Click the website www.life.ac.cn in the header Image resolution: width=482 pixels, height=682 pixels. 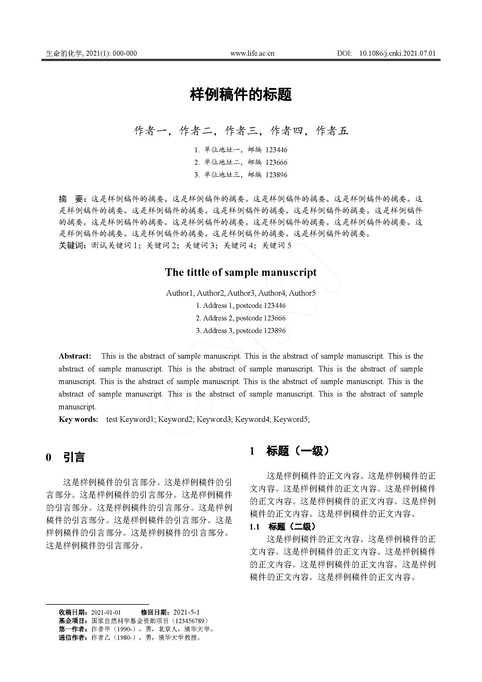pyautogui.click(x=252, y=53)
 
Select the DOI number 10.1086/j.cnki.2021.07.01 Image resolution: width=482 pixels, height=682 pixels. pyautogui.click(x=397, y=53)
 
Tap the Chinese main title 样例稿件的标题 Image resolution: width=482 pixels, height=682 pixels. pyautogui.click(x=241, y=94)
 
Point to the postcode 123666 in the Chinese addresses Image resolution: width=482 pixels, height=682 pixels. pyautogui.click(x=276, y=162)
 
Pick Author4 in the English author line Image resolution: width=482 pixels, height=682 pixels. pyautogui.click(x=272, y=293)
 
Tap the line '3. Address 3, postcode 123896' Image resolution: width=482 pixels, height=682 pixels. pyautogui.click(x=241, y=331)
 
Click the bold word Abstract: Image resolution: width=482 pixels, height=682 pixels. pyautogui.click(x=75, y=356)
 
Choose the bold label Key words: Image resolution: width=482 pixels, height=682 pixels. pyautogui.click(x=78, y=419)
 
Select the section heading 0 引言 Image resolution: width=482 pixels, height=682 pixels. pyautogui.click(x=65, y=457)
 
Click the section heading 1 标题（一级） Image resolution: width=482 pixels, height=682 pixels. pyautogui.click(x=289, y=451)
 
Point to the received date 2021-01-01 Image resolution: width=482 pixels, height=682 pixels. pyautogui.click(x=106, y=612)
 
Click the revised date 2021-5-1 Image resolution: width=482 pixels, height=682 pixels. pyautogui.click(x=187, y=612)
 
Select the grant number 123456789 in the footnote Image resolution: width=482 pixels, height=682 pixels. pyautogui.click(x=189, y=621)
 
